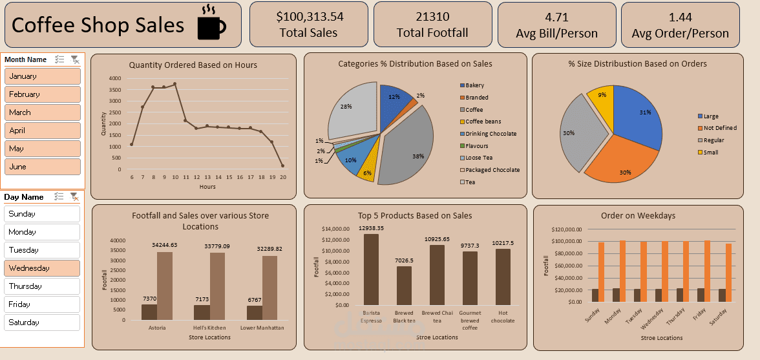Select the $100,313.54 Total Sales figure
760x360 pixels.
310,17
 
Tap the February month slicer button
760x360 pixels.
43,94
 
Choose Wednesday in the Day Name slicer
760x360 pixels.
43,268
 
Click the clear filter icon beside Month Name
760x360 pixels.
75,59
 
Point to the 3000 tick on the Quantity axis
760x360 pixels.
115,101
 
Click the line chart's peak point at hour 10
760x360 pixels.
174,84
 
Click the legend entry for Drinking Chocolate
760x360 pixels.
491,134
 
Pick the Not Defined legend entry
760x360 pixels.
719,128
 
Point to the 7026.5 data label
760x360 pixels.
404,260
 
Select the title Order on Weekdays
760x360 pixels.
638,215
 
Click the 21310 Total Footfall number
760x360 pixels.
432,17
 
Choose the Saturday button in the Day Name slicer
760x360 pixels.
43,323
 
